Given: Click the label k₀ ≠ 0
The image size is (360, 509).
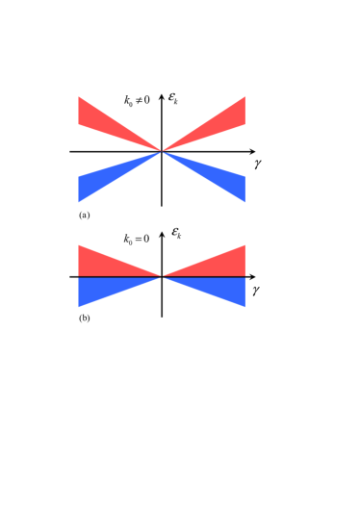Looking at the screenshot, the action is [x=137, y=100].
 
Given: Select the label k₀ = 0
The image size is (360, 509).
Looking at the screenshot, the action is [x=137, y=239].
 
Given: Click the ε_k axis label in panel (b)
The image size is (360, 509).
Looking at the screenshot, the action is [x=176, y=233].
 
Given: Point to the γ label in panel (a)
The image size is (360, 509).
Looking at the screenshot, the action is [x=258, y=164].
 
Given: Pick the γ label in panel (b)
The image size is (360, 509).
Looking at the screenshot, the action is [x=256, y=289].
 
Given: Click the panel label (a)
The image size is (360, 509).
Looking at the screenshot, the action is [x=85, y=215].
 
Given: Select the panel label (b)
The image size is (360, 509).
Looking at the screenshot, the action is [x=85, y=318].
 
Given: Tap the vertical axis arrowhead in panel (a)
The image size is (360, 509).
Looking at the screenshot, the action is [x=162, y=95].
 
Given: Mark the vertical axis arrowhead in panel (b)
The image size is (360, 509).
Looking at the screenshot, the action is [x=162, y=234].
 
